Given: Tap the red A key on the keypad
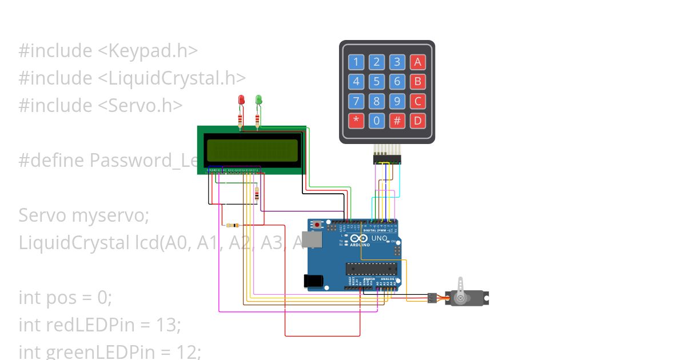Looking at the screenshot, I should coord(417,62).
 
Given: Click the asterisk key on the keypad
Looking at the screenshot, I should coord(356,121).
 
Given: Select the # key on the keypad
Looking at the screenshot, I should coord(397,121).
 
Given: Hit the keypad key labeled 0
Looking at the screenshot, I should coord(376,121).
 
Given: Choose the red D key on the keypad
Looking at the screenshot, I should coord(417,121).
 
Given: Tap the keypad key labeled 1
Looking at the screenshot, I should coord(356,62).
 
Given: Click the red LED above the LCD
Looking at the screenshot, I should coord(241,101).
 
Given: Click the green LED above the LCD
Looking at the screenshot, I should coord(258,101).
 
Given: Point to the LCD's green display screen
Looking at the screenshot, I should coord(252,150).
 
